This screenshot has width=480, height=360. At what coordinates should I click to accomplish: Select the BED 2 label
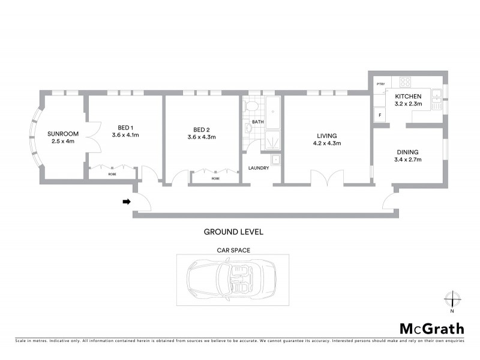(x=202, y=130)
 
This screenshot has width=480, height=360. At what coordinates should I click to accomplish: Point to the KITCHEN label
(x=408, y=96)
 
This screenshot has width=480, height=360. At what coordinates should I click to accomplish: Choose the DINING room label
(x=407, y=152)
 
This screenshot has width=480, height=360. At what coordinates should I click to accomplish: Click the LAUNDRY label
(x=259, y=167)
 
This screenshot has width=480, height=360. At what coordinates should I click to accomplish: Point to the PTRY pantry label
(x=380, y=84)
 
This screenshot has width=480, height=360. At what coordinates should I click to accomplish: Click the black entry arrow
(x=126, y=202)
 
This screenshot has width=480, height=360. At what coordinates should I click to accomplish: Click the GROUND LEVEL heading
(x=233, y=232)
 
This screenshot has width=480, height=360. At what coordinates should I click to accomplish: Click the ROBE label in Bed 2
(x=215, y=179)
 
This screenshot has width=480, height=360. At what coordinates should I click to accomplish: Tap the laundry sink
(x=275, y=160)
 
